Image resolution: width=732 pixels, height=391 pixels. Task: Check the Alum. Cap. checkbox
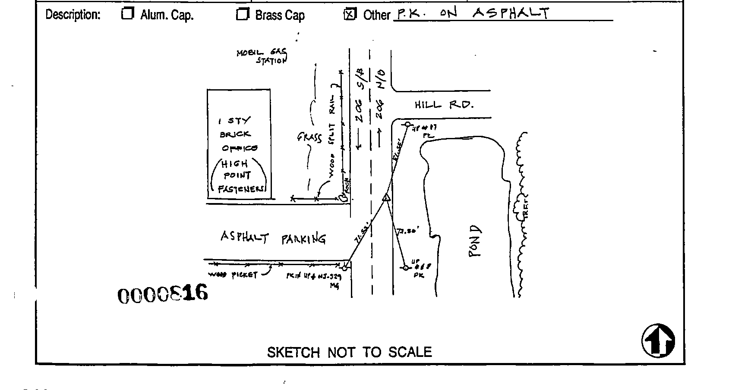tap(127, 14)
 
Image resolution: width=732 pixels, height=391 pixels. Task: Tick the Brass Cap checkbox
tap(242, 14)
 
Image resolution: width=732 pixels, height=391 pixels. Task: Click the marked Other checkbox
tap(349, 15)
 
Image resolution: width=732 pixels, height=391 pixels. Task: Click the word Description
tap(73, 15)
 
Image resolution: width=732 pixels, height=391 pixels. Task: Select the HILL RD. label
tap(444, 105)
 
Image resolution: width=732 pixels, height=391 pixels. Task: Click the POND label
tap(475, 241)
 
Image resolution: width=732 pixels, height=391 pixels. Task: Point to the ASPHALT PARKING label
tap(273, 238)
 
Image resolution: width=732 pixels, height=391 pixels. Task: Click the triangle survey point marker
tap(386, 198)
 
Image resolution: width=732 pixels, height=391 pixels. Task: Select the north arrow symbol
tap(658, 341)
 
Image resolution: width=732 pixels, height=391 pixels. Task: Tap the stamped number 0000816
tap(163, 294)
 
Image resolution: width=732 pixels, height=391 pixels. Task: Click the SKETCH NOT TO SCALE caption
tap(349, 352)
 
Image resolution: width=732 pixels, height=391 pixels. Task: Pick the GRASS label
tap(309, 138)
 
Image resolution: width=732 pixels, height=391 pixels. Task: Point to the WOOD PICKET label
tap(233, 275)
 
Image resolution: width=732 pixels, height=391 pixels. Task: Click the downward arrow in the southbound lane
tap(359, 141)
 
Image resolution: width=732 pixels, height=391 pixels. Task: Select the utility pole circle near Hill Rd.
tap(407, 124)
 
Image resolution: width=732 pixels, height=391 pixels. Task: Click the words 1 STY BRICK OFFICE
tap(238, 134)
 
